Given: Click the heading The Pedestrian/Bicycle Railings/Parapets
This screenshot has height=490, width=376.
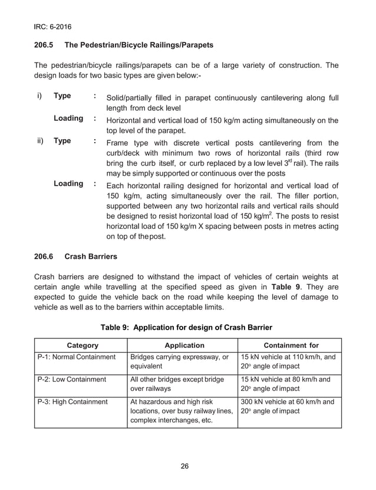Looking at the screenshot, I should coord(139,45).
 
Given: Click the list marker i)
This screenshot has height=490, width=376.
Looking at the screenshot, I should coord(39,96).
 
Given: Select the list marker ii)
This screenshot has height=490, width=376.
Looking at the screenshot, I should coord(39,142).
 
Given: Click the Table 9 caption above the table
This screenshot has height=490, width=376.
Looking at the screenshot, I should coord(187,327).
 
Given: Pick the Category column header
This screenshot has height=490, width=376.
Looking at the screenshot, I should coord(83,346).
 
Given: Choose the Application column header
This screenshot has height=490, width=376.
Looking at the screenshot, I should coord(184,346).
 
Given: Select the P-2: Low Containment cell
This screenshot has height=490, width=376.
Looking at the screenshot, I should coord(71,379).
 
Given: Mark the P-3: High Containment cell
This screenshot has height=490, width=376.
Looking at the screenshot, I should coord(72,402).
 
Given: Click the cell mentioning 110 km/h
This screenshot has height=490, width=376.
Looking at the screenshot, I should coord(289,361).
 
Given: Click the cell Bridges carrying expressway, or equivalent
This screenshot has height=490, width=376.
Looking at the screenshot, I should coord(179,361).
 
